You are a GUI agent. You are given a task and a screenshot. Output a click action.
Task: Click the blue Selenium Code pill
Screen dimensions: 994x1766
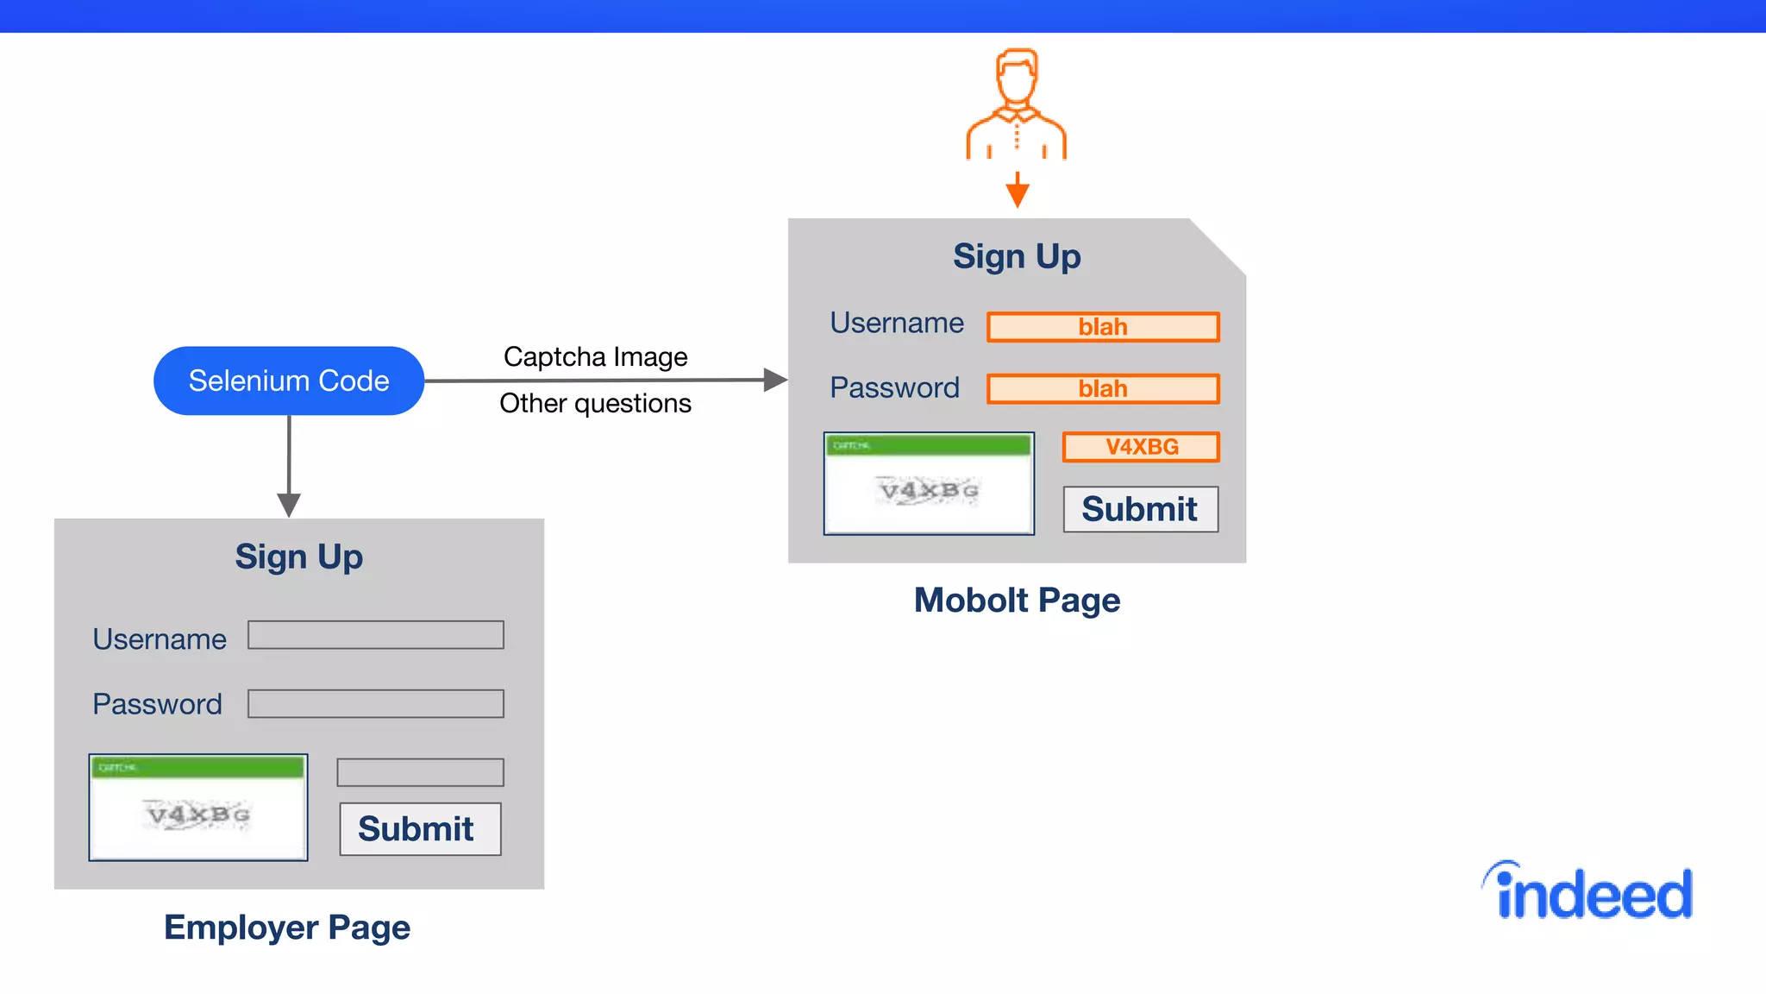[x=289, y=381]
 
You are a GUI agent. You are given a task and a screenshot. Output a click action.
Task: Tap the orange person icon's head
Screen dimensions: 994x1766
[x=1017, y=76]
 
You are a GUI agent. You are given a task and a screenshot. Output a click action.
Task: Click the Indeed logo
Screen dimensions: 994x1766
[x=1588, y=892]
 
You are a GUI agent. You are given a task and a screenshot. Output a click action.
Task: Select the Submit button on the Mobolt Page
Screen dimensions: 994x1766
[x=1140, y=509]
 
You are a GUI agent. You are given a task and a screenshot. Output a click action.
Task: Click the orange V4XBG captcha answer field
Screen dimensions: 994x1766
[x=1141, y=447]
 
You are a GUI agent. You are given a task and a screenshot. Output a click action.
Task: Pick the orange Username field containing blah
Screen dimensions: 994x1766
[x=1103, y=327]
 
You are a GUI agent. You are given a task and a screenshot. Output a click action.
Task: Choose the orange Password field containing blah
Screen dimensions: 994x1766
[x=1103, y=388]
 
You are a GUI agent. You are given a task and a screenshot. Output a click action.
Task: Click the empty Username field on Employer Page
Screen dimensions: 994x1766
[x=376, y=635]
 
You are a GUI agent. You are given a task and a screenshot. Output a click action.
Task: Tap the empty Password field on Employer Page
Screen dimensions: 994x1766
[x=376, y=703]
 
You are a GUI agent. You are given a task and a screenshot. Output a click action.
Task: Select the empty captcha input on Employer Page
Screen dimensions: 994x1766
[x=420, y=772]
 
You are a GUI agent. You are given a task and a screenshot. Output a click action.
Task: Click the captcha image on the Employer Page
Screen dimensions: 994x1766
[x=198, y=808]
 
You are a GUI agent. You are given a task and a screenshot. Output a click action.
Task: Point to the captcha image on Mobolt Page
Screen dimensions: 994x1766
[x=929, y=483]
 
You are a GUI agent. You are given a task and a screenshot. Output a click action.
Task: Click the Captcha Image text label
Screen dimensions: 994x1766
[x=595, y=356]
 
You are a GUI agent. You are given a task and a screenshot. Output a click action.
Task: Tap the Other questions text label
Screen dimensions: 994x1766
[x=595, y=403]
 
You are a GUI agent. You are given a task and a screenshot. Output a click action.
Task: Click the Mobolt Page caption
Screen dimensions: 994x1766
[x=1017, y=600]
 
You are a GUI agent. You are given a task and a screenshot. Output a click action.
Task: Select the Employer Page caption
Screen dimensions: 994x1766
[x=287, y=928]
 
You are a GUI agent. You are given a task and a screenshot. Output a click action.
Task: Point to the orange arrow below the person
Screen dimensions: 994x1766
[x=1018, y=191]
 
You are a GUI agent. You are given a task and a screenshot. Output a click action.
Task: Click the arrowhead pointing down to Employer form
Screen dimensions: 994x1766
[x=289, y=504]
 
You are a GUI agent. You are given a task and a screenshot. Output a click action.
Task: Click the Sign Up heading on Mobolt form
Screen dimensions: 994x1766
[x=1017, y=256]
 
